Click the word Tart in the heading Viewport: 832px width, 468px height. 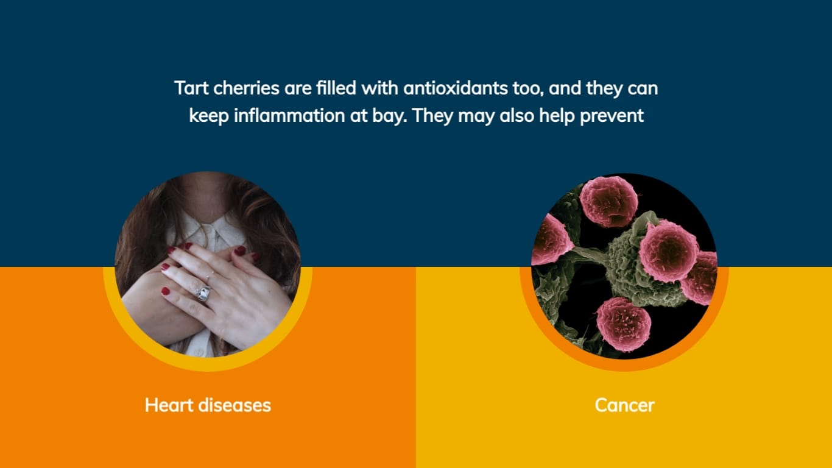191,88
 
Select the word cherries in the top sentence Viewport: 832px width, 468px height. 246,88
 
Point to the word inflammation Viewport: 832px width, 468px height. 289,115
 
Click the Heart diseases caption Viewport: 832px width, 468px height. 208,405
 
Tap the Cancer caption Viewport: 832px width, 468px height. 624,405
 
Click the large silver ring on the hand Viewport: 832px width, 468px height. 203,293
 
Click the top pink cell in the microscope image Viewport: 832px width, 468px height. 608,201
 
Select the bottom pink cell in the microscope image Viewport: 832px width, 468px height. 623,324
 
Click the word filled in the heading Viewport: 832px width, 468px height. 336,88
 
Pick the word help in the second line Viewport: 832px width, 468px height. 557,116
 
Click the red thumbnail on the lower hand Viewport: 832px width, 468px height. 166,291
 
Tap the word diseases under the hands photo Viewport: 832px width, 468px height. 234,405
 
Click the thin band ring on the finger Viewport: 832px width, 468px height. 211,275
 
